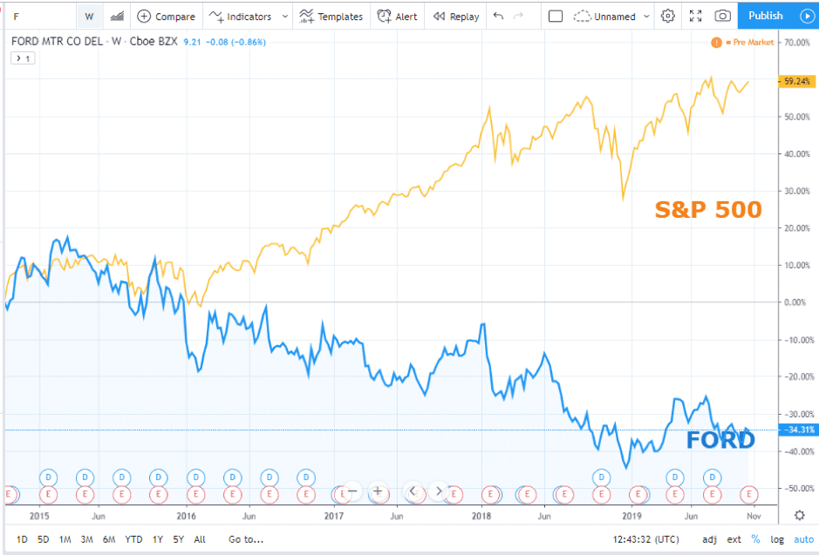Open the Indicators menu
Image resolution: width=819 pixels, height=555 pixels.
pyautogui.click(x=249, y=17)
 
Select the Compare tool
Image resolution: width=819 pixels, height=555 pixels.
pyautogui.click(x=167, y=17)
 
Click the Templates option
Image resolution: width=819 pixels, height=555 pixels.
pyautogui.click(x=331, y=17)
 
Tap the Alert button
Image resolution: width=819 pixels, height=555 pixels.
pyautogui.click(x=398, y=17)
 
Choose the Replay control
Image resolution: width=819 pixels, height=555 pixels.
pyautogui.click(x=456, y=17)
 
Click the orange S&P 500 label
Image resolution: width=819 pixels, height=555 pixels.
pyautogui.click(x=708, y=209)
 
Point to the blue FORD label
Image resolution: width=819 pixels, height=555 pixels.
pyautogui.click(x=720, y=440)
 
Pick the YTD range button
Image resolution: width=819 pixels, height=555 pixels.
pyautogui.click(x=133, y=539)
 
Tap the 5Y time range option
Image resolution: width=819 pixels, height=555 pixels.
pyautogui.click(x=179, y=539)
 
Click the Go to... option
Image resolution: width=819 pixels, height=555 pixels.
pyautogui.click(x=247, y=539)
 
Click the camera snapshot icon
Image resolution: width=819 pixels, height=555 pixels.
pyautogui.click(x=722, y=16)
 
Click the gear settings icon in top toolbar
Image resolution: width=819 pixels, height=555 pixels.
pyautogui.click(x=668, y=16)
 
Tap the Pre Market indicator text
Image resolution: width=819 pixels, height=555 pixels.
pyautogui.click(x=753, y=42)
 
